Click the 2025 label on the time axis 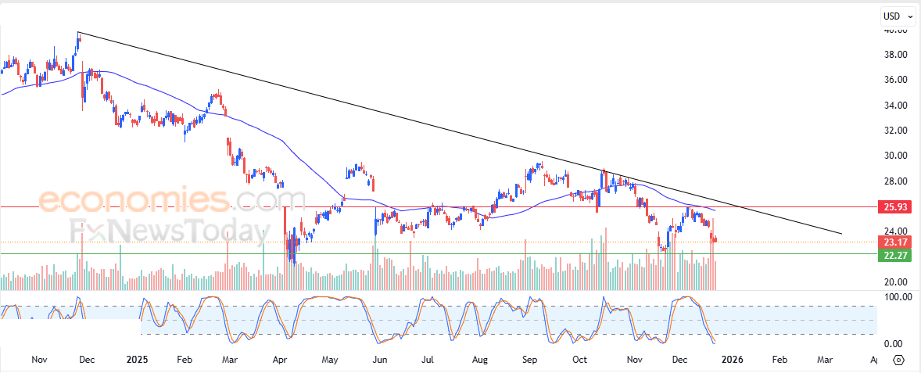(137, 360)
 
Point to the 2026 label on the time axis (731, 360)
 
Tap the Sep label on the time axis (530, 360)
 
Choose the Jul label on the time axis (428, 360)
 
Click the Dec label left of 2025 (87, 360)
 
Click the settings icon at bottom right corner (898, 360)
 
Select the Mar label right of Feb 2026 (826, 360)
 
